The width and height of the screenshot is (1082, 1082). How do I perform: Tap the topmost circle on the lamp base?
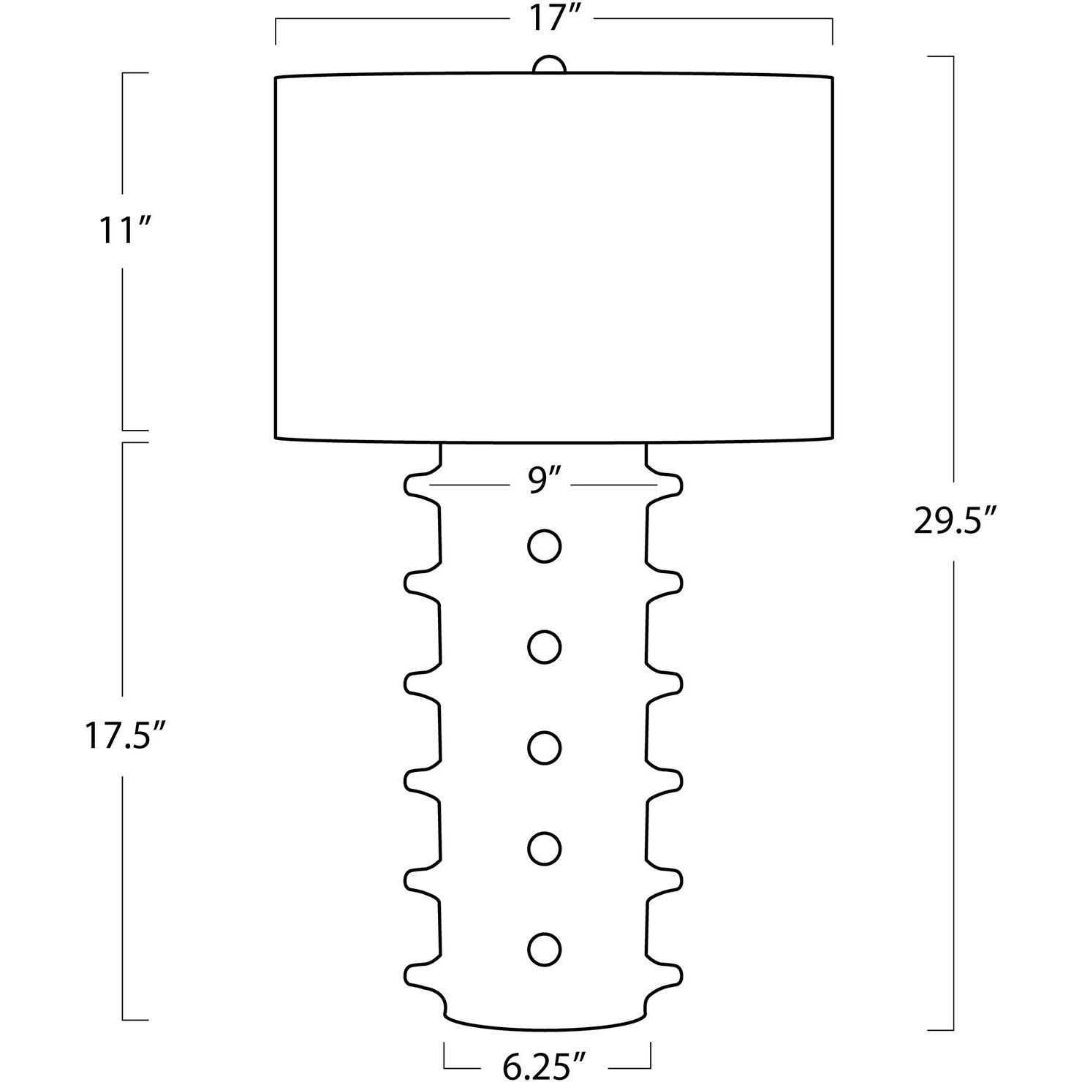coord(544,545)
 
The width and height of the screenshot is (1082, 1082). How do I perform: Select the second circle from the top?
coord(544,647)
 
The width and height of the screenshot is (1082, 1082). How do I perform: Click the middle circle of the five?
coord(544,748)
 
